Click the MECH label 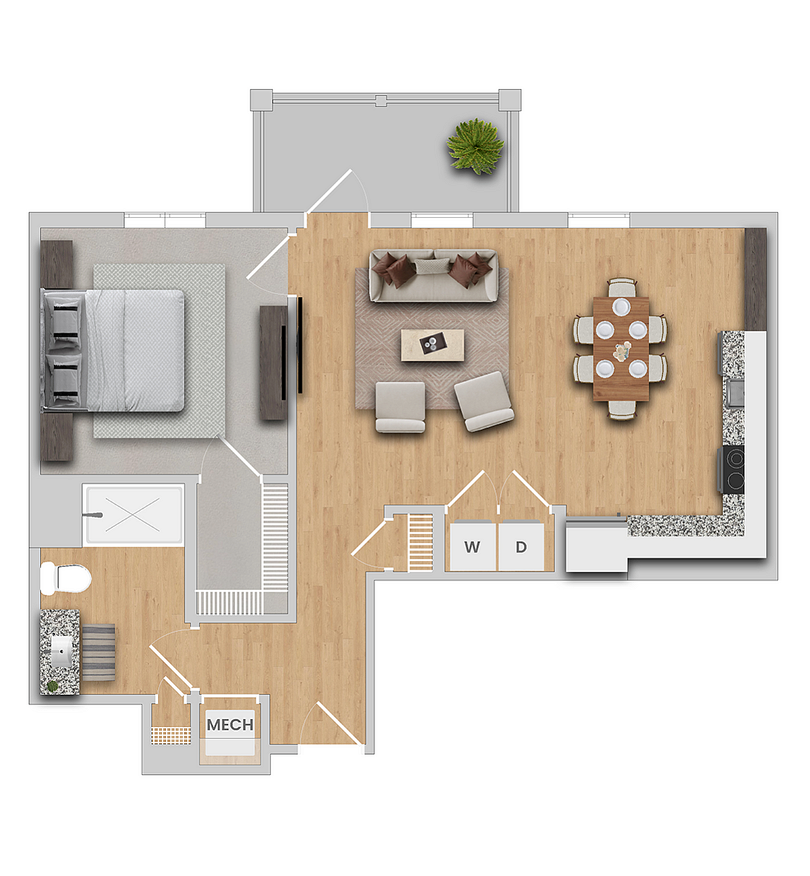(x=230, y=725)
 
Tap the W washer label (x=472, y=547)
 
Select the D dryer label (x=521, y=547)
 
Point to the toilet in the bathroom (x=66, y=578)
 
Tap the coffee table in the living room (x=432, y=345)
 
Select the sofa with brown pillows (x=434, y=276)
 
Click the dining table (x=621, y=348)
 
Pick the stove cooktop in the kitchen (x=733, y=469)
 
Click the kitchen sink (x=735, y=392)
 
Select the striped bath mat (x=98, y=652)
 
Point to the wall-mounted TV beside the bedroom (x=299, y=346)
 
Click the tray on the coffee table (x=430, y=344)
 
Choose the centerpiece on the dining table (x=622, y=351)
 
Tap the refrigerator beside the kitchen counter (x=596, y=545)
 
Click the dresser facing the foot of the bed (x=272, y=362)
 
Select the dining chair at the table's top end (x=622, y=287)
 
